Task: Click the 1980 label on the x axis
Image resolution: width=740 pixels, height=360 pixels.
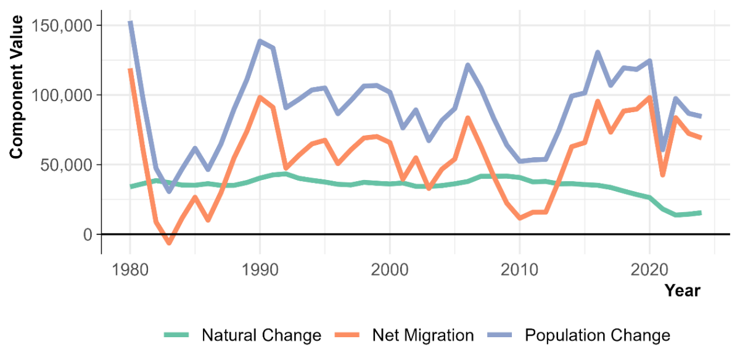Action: (129, 270)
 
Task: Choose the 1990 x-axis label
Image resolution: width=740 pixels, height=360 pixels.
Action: (260, 270)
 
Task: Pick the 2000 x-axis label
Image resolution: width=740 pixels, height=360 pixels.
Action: (390, 270)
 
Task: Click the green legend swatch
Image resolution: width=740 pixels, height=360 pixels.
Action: (176, 334)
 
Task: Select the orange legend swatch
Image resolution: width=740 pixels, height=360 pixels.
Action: (347, 334)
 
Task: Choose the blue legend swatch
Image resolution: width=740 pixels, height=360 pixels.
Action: (499, 334)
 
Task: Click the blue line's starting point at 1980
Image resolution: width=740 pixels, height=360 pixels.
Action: (130, 23)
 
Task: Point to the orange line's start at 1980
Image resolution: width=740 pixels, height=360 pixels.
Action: (130, 69)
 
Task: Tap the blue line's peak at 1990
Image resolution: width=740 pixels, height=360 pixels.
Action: (260, 41)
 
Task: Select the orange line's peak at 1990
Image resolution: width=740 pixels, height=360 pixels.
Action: (260, 97)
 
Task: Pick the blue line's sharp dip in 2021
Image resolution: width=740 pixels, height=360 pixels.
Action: (663, 151)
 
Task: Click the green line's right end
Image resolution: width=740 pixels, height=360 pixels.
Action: (701, 213)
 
